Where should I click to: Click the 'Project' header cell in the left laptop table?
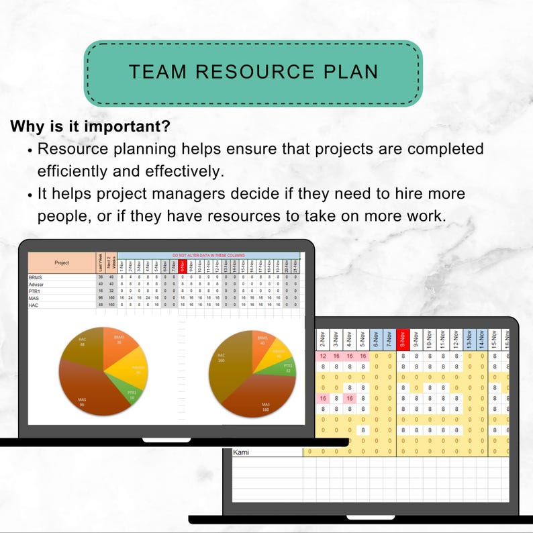pos(62,262)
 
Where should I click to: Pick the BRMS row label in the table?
pos(36,277)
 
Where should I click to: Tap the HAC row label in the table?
pos(34,305)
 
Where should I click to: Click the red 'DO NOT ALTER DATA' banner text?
pos(208,256)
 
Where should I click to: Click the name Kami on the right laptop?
pos(240,452)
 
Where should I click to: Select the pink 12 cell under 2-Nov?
pos(324,356)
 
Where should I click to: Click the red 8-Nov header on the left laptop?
pos(182,265)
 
